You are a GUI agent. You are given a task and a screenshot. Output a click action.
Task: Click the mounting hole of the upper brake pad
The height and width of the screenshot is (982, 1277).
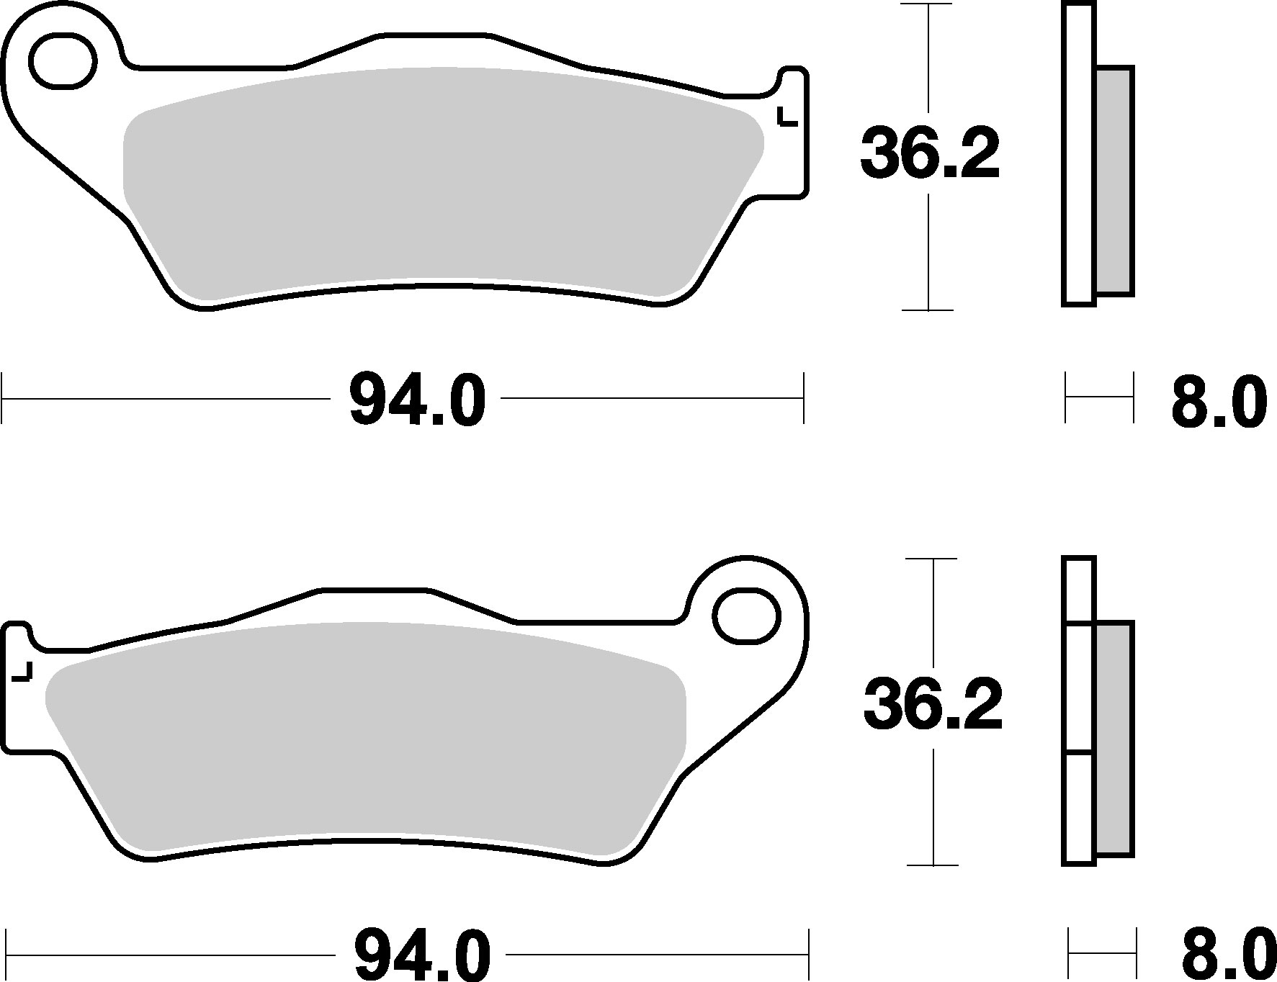tap(63, 61)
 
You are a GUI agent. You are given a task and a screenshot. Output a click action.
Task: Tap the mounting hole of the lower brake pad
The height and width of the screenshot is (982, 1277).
tap(747, 616)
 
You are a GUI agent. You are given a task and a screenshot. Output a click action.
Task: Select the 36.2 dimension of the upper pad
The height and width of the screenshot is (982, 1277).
tap(930, 153)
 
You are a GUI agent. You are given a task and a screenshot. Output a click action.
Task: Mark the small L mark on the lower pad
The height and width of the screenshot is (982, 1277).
tap(22, 672)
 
